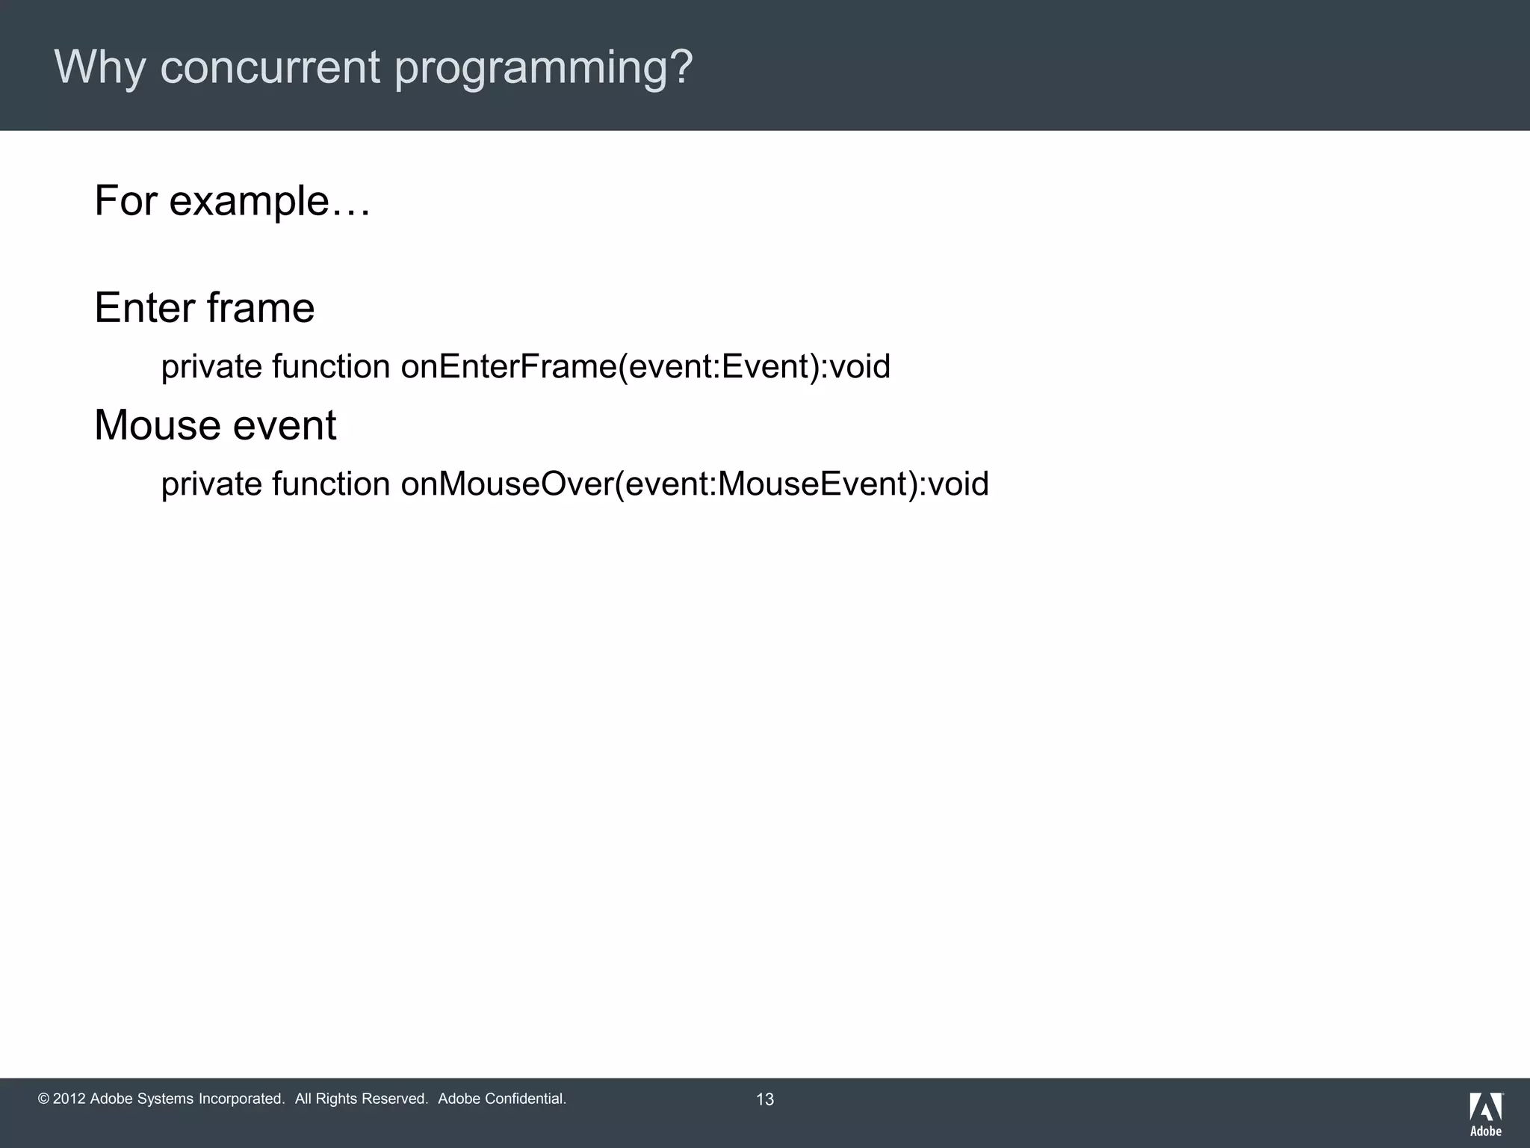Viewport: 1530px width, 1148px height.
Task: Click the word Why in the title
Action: pos(99,67)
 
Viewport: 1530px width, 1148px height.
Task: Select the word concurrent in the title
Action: pos(270,67)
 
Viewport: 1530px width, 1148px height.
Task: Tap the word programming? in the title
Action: pos(544,69)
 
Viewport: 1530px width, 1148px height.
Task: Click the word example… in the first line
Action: pos(270,202)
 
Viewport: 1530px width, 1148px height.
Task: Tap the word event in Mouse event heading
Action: pos(285,425)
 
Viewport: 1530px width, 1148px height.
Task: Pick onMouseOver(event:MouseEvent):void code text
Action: pos(695,484)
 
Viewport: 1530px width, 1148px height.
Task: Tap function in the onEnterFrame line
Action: pos(331,367)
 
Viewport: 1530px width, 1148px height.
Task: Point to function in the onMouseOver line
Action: pos(331,484)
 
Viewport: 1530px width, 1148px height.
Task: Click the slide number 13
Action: pos(765,1099)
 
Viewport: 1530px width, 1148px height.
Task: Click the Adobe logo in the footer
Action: pos(1486,1113)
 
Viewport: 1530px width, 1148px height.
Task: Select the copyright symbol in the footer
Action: pos(43,1099)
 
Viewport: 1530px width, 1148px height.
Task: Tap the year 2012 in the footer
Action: pos(69,1099)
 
